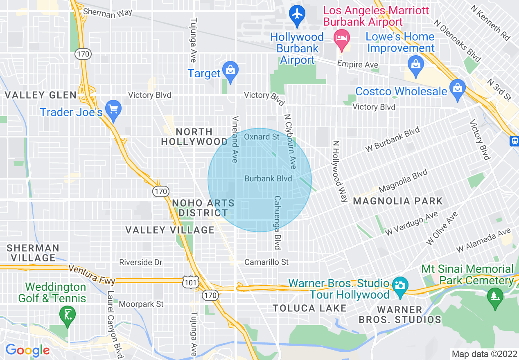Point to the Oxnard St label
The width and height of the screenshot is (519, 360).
(262, 137)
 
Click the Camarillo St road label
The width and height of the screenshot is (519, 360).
(266, 262)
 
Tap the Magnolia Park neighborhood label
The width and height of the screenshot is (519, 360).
(398, 201)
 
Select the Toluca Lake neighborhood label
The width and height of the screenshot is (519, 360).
(310, 308)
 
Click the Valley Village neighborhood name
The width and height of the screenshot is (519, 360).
(170, 230)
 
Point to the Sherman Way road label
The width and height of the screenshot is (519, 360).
(108, 12)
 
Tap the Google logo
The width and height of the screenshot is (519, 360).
(27, 350)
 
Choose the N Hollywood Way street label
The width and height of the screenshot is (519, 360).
(339, 171)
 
